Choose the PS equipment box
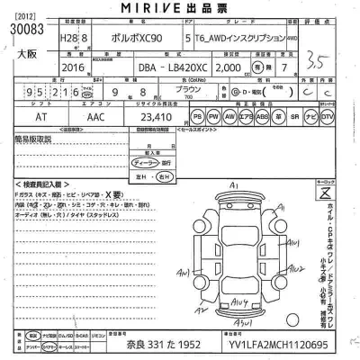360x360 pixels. (x=198, y=117)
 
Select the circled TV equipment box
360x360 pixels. (x=327, y=117)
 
